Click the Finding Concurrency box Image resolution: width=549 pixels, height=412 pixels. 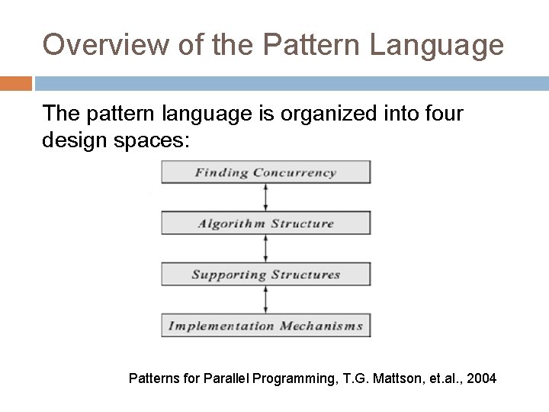point(265,172)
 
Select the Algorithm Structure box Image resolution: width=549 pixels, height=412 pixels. point(265,224)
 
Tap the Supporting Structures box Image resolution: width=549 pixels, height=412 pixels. point(265,275)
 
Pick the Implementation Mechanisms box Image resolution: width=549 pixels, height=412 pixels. point(265,326)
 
